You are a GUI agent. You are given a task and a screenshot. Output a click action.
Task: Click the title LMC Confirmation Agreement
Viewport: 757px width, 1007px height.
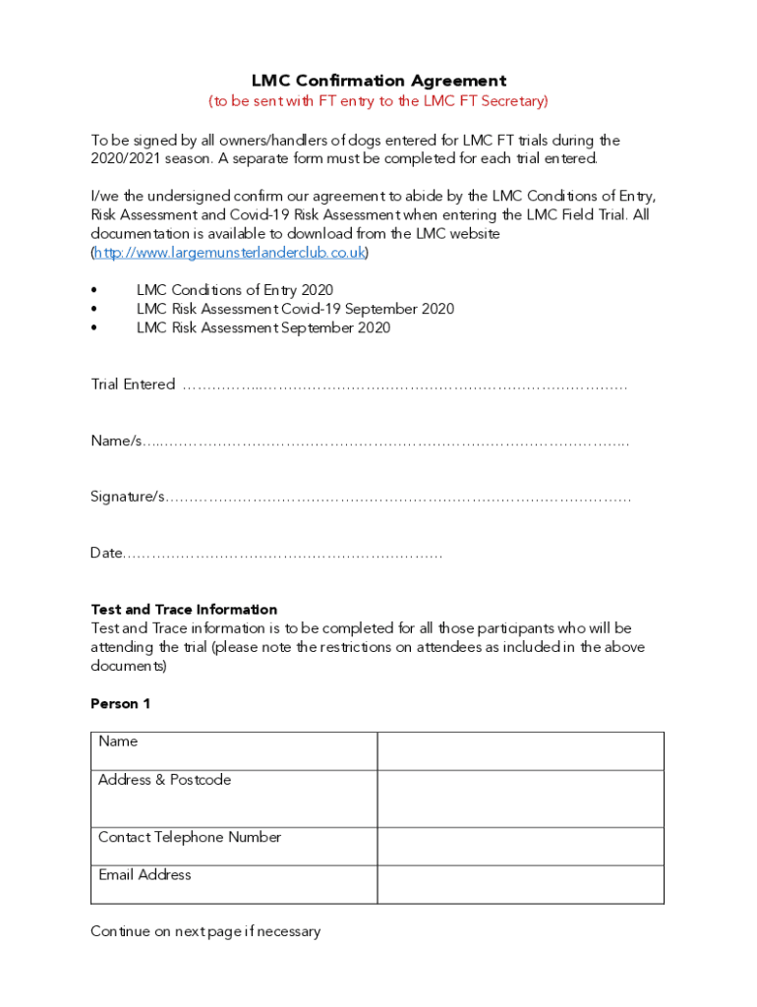point(378,81)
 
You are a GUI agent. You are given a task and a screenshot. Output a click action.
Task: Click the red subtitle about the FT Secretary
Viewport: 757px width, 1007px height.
point(378,101)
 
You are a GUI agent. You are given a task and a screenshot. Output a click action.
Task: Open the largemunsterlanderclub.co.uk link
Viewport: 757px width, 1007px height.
point(230,253)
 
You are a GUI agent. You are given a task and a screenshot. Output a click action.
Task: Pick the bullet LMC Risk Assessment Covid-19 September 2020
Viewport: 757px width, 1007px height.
point(295,309)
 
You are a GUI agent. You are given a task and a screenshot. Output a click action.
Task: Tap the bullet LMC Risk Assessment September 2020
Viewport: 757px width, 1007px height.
point(262,327)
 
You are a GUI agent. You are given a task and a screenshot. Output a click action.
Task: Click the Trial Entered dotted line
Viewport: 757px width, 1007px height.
point(404,385)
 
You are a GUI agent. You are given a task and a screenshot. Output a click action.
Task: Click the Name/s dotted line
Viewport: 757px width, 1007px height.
point(387,442)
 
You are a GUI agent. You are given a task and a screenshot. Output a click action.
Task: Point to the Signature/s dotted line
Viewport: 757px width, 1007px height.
point(398,498)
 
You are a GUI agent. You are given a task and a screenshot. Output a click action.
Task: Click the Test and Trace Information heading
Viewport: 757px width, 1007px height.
point(184,610)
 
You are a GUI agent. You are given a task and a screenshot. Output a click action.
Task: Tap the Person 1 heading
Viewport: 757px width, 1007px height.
point(120,704)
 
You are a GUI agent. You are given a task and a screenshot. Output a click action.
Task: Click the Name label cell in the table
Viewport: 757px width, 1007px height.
point(234,750)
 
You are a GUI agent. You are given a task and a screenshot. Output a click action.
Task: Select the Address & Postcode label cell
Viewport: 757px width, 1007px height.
point(234,798)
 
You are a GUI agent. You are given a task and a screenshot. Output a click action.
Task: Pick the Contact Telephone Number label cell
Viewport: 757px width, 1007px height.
point(234,846)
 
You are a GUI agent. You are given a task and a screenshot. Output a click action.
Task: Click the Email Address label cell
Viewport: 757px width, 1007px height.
point(234,884)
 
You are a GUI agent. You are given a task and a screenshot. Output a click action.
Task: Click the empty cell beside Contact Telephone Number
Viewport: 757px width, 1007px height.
point(520,846)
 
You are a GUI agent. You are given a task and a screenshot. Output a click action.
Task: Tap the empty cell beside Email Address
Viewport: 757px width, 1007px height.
point(520,884)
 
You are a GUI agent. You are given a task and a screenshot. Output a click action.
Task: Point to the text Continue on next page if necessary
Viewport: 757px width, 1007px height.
point(205,931)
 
